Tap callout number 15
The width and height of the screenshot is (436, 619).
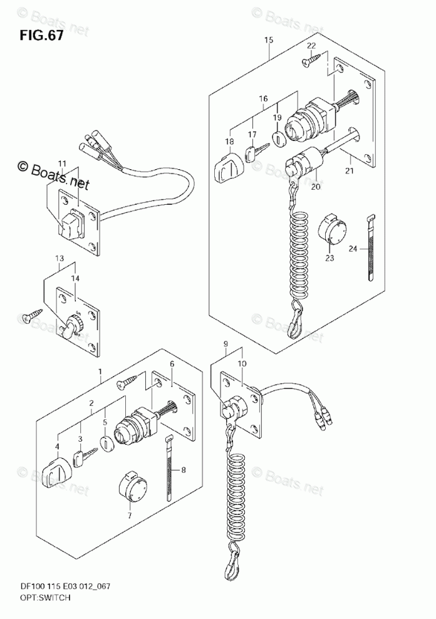click(x=269, y=41)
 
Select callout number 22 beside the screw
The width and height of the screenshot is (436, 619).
click(x=311, y=46)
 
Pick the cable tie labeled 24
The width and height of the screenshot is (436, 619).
click(x=370, y=247)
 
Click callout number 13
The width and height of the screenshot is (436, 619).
click(x=59, y=259)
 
